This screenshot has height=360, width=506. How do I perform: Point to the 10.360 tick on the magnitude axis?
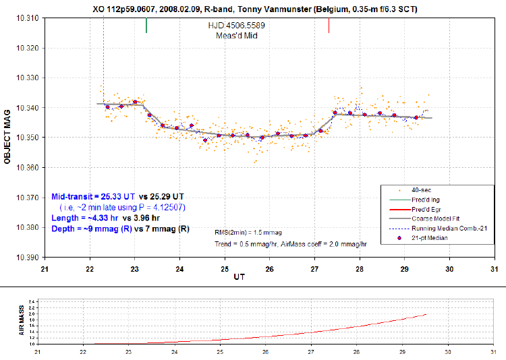click(27, 167)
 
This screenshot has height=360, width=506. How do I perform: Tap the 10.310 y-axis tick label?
click(27, 18)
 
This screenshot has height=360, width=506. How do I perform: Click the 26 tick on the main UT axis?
click(269, 268)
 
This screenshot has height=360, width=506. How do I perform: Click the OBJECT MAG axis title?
click(7, 138)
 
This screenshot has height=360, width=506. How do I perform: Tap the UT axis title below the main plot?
click(240, 276)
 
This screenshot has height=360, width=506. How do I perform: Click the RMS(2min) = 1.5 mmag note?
click(243, 231)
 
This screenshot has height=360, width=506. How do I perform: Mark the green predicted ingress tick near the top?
click(146, 26)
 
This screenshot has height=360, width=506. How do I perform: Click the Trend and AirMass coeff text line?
click(290, 243)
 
